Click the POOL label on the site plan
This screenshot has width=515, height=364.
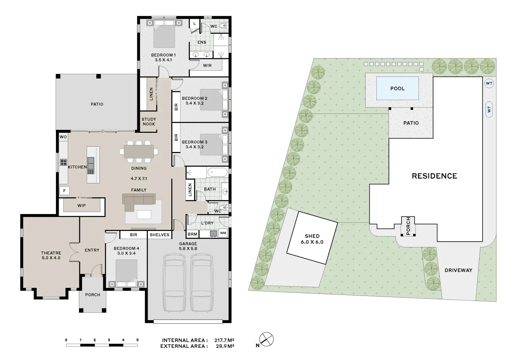click(397, 89)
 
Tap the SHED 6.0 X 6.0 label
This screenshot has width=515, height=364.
click(312, 239)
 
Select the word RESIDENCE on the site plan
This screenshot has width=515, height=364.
click(434, 176)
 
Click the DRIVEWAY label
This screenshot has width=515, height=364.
click(458, 270)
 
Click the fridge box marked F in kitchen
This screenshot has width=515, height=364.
click(64, 191)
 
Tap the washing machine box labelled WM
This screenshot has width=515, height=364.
click(223, 233)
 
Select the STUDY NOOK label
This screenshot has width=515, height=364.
click(149, 122)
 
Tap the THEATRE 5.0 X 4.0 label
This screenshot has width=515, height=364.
click(51, 255)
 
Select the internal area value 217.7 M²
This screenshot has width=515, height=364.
click(224, 340)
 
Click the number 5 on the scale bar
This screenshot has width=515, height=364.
click(137, 340)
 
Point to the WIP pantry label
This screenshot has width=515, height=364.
click(81, 205)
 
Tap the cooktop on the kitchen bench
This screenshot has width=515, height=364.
click(63, 162)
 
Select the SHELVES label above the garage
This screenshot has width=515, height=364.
click(160, 235)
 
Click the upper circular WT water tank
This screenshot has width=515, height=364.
click(489, 83)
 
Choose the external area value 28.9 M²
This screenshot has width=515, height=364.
click(224, 346)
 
